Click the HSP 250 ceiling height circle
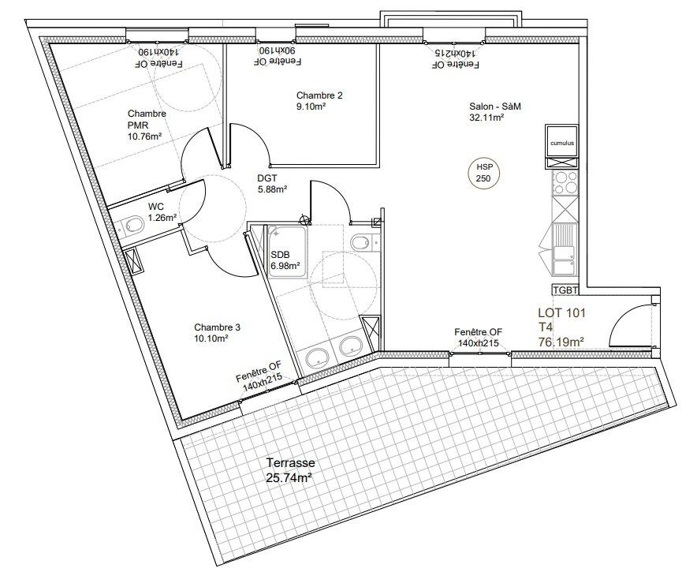click(x=483, y=173)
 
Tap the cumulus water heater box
click(x=562, y=140)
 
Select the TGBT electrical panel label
click(x=565, y=290)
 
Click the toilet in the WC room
click(x=132, y=225)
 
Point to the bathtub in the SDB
click(x=287, y=252)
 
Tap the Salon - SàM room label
click(x=495, y=107)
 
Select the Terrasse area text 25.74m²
click(x=288, y=478)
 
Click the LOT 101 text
click(x=562, y=312)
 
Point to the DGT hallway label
click(x=267, y=178)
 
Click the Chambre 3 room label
click(x=218, y=327)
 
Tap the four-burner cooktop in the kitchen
click(x=565, y=183)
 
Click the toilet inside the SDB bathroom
click(x=363, y=243)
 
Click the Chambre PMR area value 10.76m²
click(x=144, y=136)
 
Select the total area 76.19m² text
click(x=561, y=342)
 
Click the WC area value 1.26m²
click(x=162, y=218)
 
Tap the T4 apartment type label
click(x=546, y=327)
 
